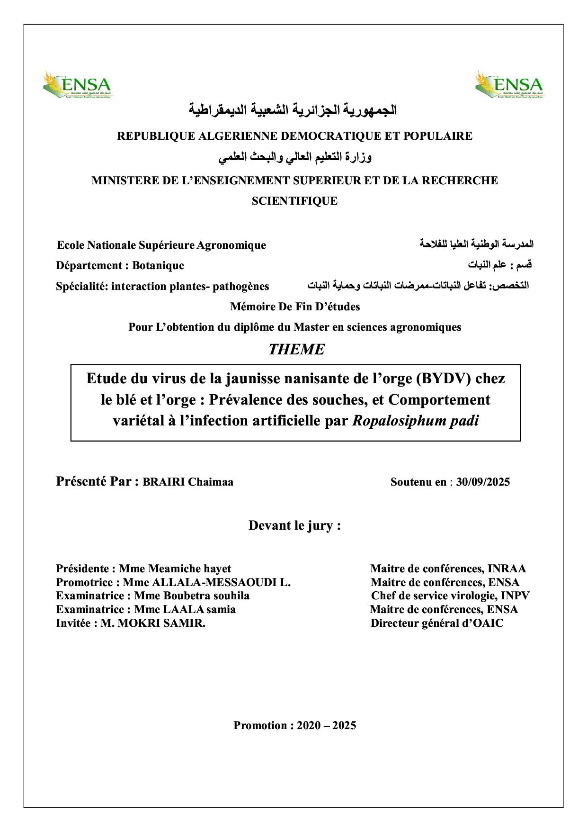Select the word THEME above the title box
tap(296, 350)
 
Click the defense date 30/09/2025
tap(483, 482)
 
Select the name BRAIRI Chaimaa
tap(188, 482)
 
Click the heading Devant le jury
tap(294, 525)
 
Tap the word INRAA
tap(507, 569)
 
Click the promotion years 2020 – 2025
tap(326, 725)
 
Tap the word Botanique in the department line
tap(158, 265)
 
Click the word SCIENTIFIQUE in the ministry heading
tap(294, 201)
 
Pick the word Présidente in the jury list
tap(82, 569)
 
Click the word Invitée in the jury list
tap(73, 623)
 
